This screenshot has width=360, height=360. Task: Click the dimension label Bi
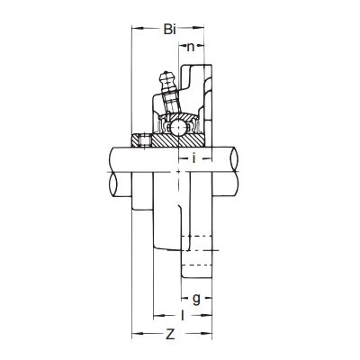[x=169, y=29]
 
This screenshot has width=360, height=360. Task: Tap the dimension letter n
[x=191, y=47]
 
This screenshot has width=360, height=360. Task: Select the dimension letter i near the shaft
[x=194, y=157]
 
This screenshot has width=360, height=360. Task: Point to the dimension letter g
[x=196, y=299]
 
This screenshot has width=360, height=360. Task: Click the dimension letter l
[x=183, y=315]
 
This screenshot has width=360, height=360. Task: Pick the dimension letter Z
[x=170, y=334]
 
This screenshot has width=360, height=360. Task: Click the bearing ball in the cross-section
[x=177, y=128]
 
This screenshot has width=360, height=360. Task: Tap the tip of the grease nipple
[x=165, y=73]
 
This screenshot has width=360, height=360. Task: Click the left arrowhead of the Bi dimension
[x=137, y=29]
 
